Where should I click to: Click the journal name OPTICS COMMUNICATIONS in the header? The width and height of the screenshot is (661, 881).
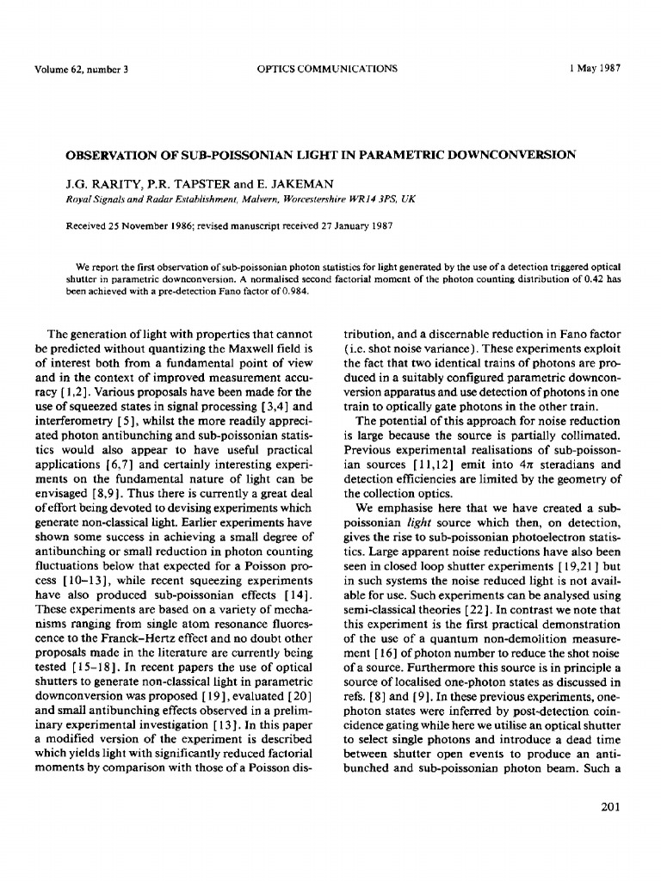click(x=327, y=69)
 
